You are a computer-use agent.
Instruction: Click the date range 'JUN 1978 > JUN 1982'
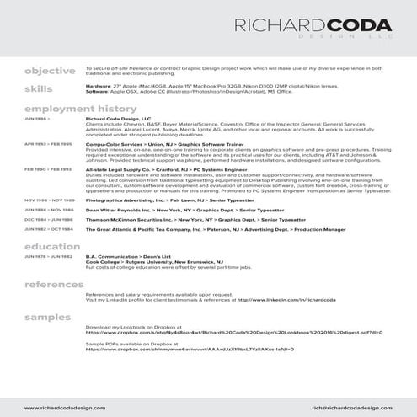point(48,255)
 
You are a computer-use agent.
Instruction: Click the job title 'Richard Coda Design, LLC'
point(117,120)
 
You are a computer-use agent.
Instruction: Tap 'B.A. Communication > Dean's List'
point(122,255)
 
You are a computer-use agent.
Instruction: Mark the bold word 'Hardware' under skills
point(98,85)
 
